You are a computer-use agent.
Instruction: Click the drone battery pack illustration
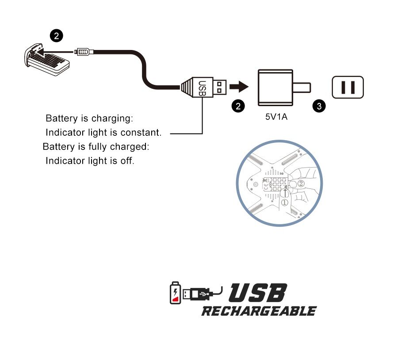coord(46,61)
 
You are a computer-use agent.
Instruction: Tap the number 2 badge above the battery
coord(56,36)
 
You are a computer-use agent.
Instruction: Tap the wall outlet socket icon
coord(348,87)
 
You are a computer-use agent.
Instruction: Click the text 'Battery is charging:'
coord(89,119)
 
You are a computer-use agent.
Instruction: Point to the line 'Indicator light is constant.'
coord(103,133)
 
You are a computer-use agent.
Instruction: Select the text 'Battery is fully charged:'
coord(96,146)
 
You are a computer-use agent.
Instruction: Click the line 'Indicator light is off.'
coord(90,160)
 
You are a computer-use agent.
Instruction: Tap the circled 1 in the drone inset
coord(285,201)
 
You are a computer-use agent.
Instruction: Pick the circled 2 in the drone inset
coord(302,183)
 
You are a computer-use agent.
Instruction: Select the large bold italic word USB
coord(258,294)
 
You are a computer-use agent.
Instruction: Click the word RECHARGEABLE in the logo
coord(259,311)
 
